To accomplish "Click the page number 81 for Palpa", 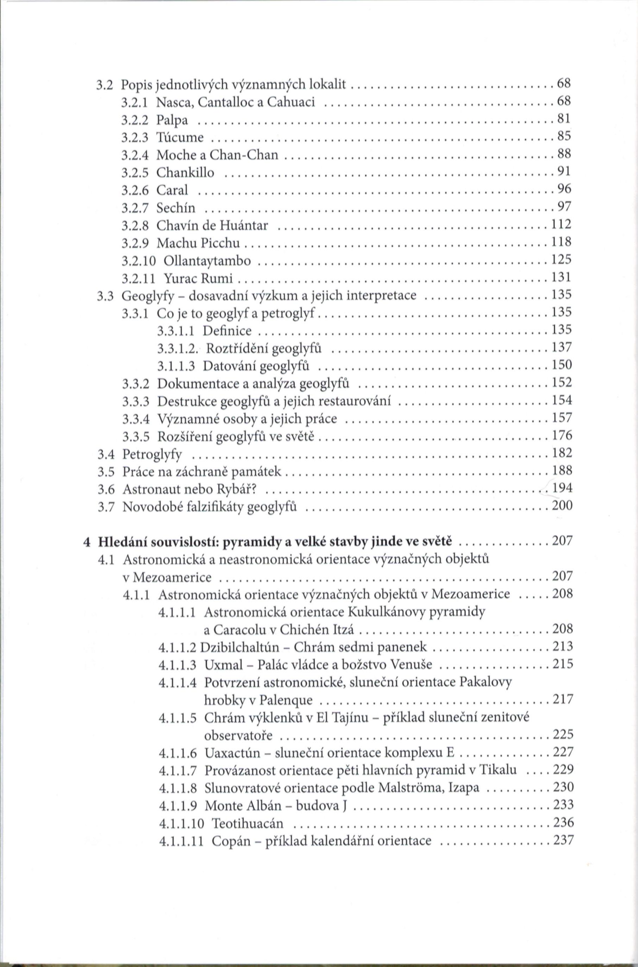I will [x=564, y=119].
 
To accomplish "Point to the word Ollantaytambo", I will [x=207, y=261].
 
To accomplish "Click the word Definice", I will [x=227, y=331].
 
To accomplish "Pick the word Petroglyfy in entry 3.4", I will [x=152, y=454].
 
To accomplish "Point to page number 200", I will [x=562, y=506].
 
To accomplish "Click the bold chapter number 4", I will [x=86, y=542].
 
